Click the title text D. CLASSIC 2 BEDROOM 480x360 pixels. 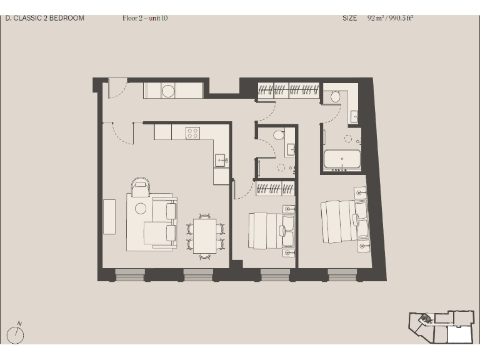pos(44,18)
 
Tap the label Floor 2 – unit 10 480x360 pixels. pos(145,18)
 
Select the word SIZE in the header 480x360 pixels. pos(349,18)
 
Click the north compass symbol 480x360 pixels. pos(17,335)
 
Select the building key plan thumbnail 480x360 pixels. pos(441,326)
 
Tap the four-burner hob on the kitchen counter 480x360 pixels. pos(192,132)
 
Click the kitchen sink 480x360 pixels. pos(221,159)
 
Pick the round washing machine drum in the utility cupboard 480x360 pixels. pos(168,91)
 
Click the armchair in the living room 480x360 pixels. pos(141,186)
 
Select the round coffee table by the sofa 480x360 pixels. pos(141,208)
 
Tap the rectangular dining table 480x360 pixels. pos(204,236)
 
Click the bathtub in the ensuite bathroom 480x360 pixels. pos(342,159)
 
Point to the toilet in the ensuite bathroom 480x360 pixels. pos(336,96)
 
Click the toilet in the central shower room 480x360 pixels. pos(279,134)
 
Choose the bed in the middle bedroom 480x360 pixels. pos(267,231)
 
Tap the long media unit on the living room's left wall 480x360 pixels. pos(109,216)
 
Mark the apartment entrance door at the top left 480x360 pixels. pos(117,88)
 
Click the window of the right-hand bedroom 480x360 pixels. pos(342,274)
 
